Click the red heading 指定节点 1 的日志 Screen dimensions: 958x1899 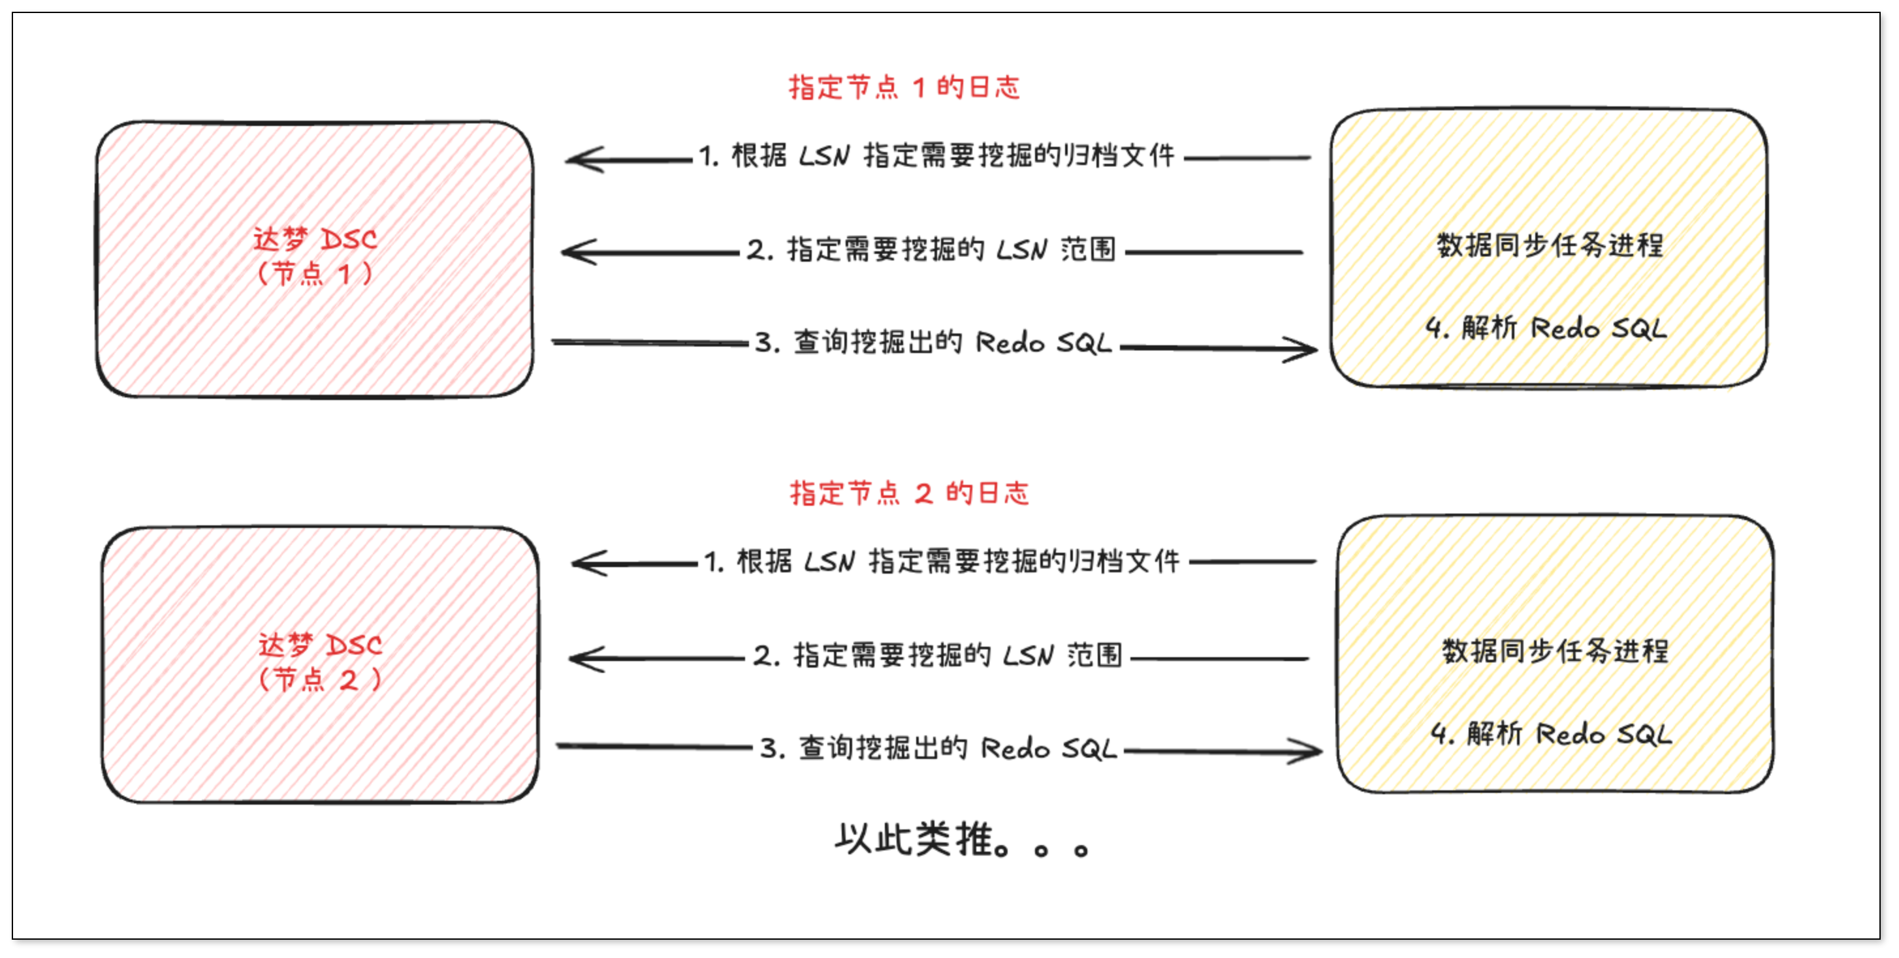click(x=904, y=87)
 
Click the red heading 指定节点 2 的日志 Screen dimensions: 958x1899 click(x=909, y=493)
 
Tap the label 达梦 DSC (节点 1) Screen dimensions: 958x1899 click(x=315, y=256)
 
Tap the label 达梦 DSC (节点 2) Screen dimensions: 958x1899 click(x=320, y=662)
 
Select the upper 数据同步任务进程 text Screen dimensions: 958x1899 click(x=1550, y=245)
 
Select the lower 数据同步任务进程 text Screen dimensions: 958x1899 click(x=1555, y=651)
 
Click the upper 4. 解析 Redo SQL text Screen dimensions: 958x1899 click(x=1546, y=328)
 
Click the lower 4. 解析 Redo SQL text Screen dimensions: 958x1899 click(x=1551, y=734)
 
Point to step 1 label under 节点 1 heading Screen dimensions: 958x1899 click(x=936, y=156)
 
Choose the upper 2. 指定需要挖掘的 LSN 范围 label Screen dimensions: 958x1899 click(x=931, y=250)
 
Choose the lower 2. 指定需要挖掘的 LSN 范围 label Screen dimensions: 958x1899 click(x=937, y=655)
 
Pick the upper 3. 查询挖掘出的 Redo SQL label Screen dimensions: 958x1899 click(x=933, y=343)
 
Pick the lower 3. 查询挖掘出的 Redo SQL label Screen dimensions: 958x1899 click(x=938, y=749)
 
